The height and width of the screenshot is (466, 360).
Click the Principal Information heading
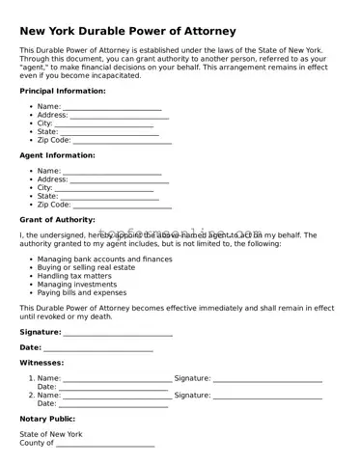(x=63, y=91)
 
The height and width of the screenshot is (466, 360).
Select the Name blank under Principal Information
(x=112, y=107)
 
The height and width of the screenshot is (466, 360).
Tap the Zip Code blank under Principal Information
(x=123, y=140)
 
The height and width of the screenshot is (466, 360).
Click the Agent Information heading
(x=57, y=155)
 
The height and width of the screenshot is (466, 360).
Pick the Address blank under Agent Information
(x=119, y=179)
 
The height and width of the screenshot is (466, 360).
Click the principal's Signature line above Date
(x=118, y=333)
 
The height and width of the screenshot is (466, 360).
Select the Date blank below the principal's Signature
(x=98, y=348)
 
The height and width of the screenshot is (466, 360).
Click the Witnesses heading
(x=42, y=363)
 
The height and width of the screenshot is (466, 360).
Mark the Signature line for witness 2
(x=267, y=396)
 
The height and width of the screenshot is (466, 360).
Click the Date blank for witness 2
(x=113, y=404)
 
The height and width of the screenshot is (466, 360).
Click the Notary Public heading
(x=47, y=419)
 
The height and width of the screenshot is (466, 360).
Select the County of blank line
(x=105, y=444)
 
